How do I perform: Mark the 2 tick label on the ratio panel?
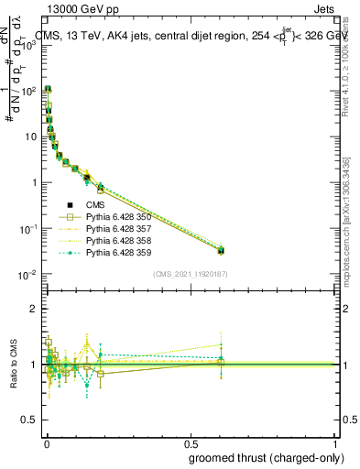[34, 309]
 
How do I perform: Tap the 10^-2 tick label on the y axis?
[27, 275]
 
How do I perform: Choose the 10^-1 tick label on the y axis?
[27, 229]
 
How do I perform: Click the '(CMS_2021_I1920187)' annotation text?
[191, 274]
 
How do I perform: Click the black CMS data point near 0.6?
[220, 250]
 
